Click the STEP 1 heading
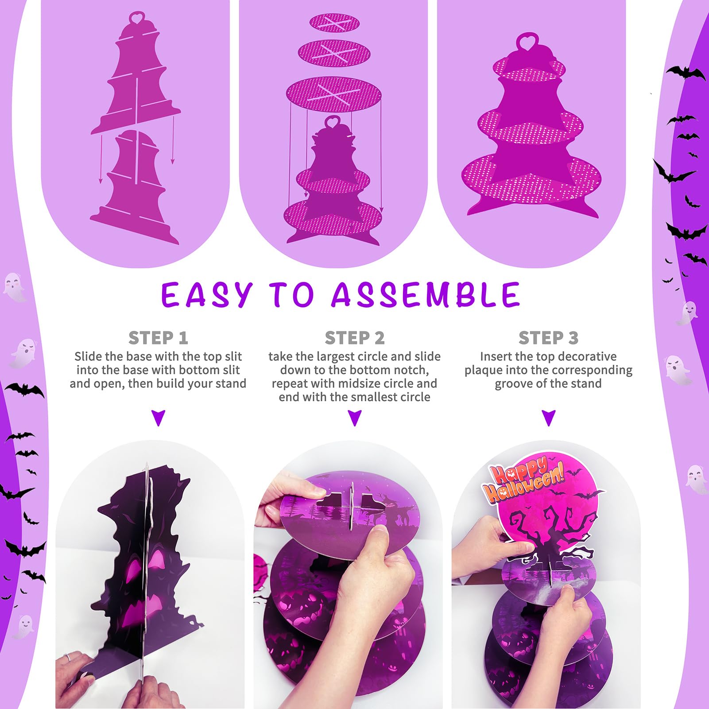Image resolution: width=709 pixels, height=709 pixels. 158,338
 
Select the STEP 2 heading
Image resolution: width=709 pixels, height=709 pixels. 355,338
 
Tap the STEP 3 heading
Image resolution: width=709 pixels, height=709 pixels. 548,338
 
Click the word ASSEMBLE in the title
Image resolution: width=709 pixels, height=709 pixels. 426,294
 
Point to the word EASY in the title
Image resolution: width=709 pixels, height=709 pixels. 206,294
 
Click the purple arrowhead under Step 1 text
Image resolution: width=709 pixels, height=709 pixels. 158,418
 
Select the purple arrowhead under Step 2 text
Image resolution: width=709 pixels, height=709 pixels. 355,418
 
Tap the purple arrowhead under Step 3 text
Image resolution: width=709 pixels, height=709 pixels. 549,418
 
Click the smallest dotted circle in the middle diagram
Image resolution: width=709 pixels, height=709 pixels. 334,23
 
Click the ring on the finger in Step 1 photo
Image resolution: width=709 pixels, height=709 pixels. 66,658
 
